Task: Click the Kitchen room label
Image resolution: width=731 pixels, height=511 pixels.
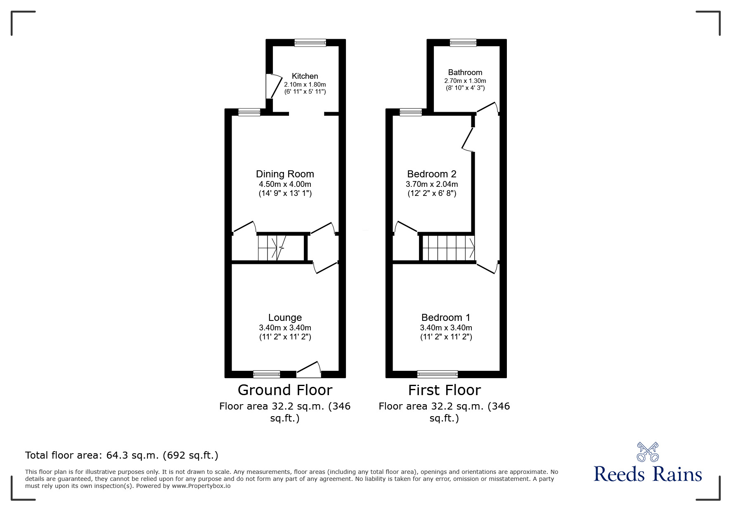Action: click(305, 76)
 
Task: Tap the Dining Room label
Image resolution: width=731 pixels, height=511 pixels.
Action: click(285, 174)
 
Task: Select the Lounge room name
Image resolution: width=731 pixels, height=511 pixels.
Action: click(285, 318)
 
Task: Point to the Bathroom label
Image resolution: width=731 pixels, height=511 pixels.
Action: click(465, 73)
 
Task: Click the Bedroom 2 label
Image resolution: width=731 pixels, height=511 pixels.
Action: click(432, 174)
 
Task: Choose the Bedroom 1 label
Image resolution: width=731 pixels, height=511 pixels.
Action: click(446, 318)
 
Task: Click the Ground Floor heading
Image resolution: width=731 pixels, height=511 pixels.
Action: click(285, 390)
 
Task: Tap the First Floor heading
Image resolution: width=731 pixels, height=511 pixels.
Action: click(445, 390)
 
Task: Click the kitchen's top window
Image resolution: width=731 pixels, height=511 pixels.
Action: click(310, 42)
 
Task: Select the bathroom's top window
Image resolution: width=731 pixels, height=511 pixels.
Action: click(463, 42)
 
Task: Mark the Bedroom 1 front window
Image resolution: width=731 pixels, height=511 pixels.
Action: click(438, 374)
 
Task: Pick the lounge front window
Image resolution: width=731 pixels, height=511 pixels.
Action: click(267, 374)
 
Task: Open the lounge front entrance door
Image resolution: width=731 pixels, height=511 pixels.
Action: click(309, 370)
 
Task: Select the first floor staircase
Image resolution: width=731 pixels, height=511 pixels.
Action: click(448, 248)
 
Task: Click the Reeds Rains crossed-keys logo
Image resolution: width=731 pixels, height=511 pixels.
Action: click(648, 452)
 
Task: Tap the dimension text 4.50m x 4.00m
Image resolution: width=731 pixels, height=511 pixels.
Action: click(285, 184)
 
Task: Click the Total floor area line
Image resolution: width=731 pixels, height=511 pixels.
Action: click(122, 455)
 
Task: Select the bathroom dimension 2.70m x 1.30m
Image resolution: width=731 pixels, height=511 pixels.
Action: click(465, 81)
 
